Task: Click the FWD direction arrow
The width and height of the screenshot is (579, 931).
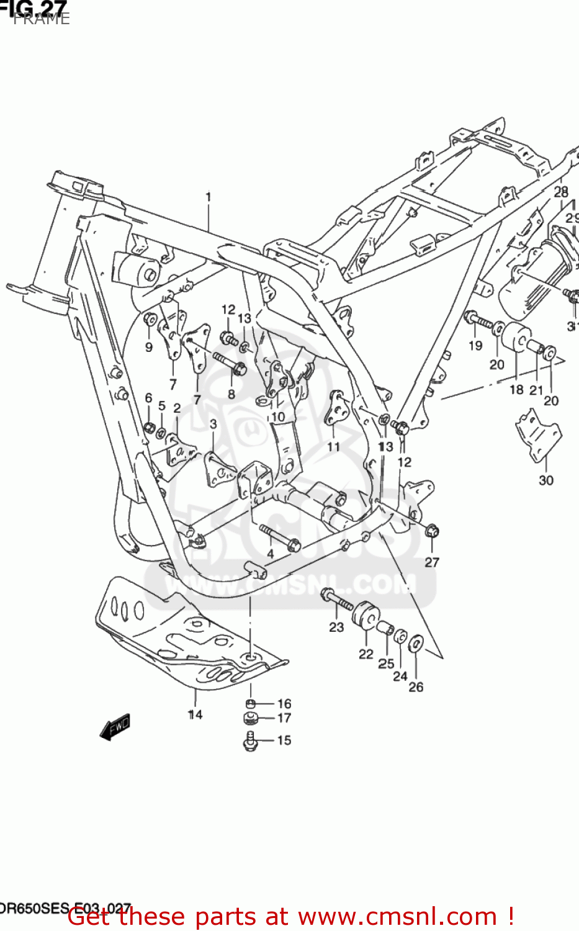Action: pyautogui.click(x=115, y=726)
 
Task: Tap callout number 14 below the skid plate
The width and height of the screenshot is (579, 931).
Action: pyautogui.click(x=195, y=714)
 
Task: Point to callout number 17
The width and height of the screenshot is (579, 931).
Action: pyautogui.click(x=284, y=718)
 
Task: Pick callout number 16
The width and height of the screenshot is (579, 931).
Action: pyautogui.click(x=284, y=703)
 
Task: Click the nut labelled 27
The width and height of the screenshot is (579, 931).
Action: pyautogui.click(x=432, y=531)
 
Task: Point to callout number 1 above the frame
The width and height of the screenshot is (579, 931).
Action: pyautogui.click(x=209, y=197)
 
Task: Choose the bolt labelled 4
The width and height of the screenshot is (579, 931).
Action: pyautogui.click(x=280, y=537)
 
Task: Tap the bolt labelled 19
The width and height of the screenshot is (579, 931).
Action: pyautogui.click(x=478, y=321)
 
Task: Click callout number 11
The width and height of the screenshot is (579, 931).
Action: pyautogui.click(x=333, y=446)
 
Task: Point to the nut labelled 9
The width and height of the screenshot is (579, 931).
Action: pyautogui.click(x=150, y=320)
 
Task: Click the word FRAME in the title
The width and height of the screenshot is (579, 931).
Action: pyautogui.click(x=42, y=19)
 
